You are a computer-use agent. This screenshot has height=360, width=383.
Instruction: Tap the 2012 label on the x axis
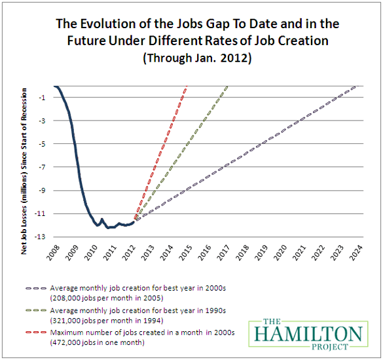[x=135, y=252]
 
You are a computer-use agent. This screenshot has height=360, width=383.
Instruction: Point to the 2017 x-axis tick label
[x=228, y=252]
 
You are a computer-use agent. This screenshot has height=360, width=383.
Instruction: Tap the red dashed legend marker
[x=35, y=333]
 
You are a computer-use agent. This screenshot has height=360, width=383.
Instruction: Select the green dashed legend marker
[x=35, y=310]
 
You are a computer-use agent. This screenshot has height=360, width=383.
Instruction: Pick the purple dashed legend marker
[x=35, y=287]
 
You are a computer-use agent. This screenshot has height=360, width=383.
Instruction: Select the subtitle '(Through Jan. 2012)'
[x=191, y=58]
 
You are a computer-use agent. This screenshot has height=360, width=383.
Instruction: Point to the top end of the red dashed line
[x=187, y=86]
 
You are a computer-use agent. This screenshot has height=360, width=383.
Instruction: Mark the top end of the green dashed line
[x=228, y=86]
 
